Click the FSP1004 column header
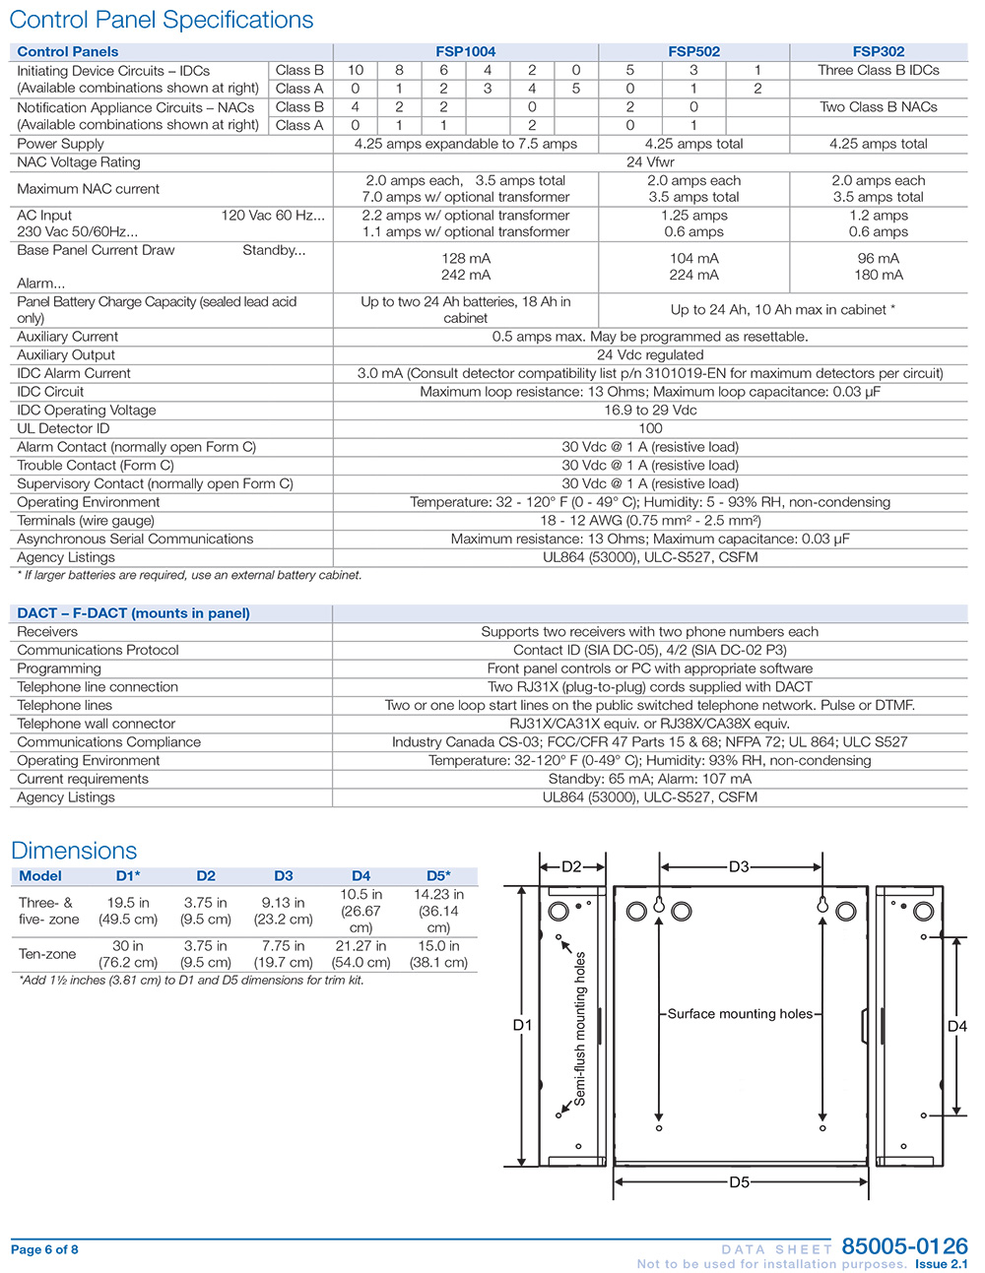pos(465,52)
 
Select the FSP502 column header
pos(693,52)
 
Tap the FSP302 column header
pos(878,52)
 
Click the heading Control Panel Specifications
pos(162,20)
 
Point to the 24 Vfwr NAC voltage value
pos(650,162)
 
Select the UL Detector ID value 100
pos(650,428)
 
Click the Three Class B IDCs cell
pos(878,71)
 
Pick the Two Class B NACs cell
pos(878,107)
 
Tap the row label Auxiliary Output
pos(66,355)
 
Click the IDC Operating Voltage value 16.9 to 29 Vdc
pos(650,411)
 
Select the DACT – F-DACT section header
pos(133,613)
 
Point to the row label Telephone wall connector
pos(96,724)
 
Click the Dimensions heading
pos(74,851)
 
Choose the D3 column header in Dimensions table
pos(284,876)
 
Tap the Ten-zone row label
pos(47,954)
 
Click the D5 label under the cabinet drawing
pos(739,1182)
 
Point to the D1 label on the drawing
pos(522,1025)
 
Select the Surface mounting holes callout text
pos(740,1014)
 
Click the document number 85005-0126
pos(904,1246)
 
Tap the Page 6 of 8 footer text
pos(44,1250)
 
